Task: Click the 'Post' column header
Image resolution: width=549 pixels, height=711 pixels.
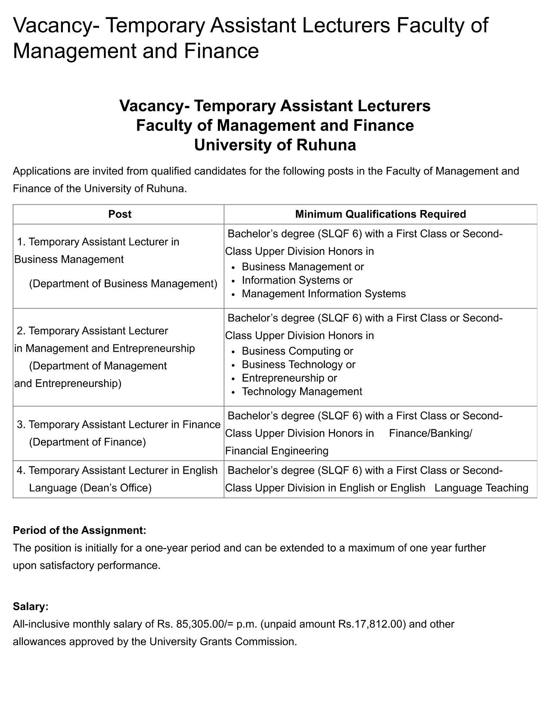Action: coord(120,214)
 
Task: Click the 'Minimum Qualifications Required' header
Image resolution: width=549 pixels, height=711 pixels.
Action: coord(380,214)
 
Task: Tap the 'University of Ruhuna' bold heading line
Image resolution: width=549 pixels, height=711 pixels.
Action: coord(275,145)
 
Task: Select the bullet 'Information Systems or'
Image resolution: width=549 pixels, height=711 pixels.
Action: coord(297,280)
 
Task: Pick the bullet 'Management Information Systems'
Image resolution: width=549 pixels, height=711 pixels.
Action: coord(324,294)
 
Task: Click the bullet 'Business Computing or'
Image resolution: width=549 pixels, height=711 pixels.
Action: coord(298,351)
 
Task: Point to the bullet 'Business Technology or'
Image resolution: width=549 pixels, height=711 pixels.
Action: coord(298,365)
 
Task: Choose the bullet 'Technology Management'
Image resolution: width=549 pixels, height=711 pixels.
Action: coord(302,391)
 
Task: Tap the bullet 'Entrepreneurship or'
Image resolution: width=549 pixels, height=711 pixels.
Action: coord(289,378)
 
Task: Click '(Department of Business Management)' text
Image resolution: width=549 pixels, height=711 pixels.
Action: coord(123,284)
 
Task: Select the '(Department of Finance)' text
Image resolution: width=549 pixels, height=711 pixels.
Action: coord(87,442)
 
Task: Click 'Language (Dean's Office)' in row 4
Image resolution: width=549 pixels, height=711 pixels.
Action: coord(90,488)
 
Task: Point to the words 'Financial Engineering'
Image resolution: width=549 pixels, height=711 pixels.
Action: coord(277,451)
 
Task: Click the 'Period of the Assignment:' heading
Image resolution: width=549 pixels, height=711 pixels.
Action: coord(80,530)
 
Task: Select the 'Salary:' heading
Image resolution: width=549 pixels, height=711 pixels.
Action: coord(31,606)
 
